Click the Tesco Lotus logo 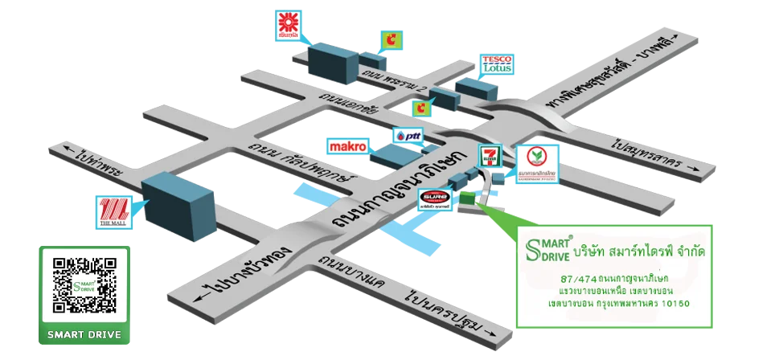point(496,64)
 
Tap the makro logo point(348,146)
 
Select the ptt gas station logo point(408,137)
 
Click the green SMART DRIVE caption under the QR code point(84,334)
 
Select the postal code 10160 point(673,304)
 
